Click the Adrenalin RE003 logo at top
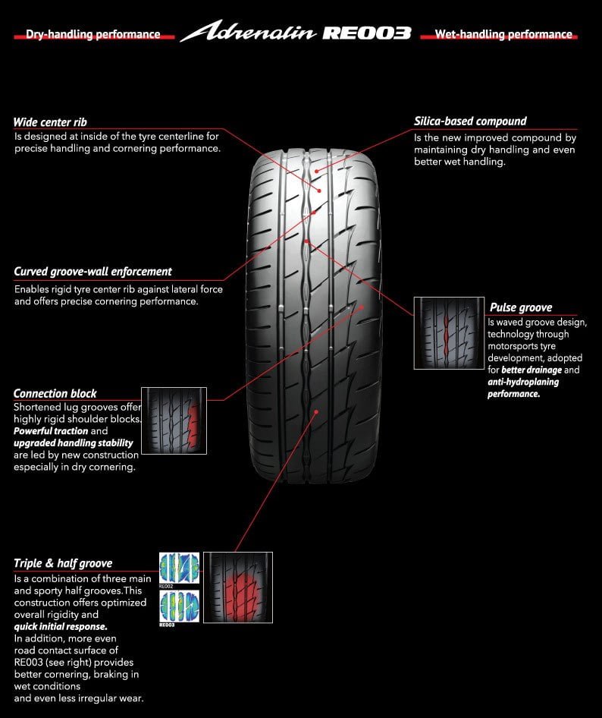pyautogui.click(x=296, y=33)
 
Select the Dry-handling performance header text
pyautogui.click(x=92, y=34)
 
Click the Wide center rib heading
pyautogui.click(x=50, y=122)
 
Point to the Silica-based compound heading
pyautogui.click(x=470, y=121)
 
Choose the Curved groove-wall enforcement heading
pyautogui.click(x=92, y=271)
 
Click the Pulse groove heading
pyautogui.click(x=521, y=307)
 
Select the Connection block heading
pyautogui.click(x=55, y=393)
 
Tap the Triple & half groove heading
pyautogui.click(x=63, y=563)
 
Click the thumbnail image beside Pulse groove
pyautogui.click(x=448, y=332)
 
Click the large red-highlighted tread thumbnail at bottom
pyautogui.click(x=238, y=587)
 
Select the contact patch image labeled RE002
pyautogui.click(x=179, y=567)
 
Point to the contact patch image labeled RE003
pyautogui.click(x=179, y=606)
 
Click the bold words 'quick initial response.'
pyautogui.click(x=61, y=627)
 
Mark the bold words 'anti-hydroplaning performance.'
pyautogui.click(x=523, y=388)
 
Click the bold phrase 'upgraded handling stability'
pyautogui.click(x=74, y=442)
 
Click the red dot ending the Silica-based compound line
pyautogui.click(x=316, y=172)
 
